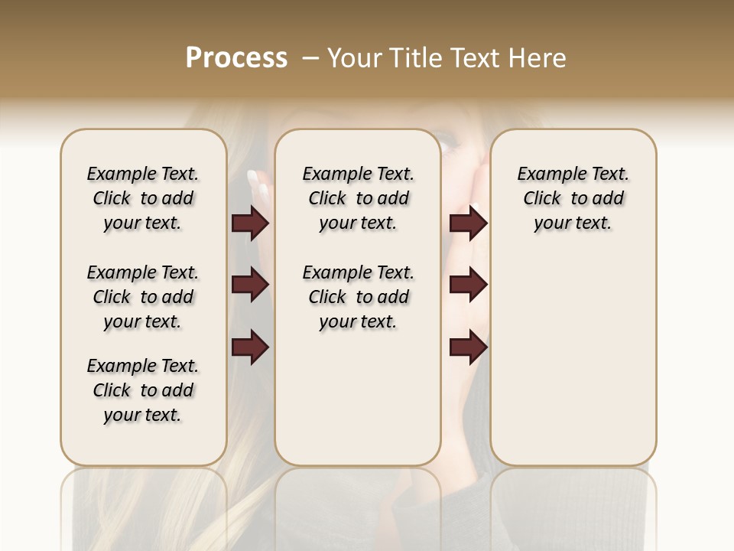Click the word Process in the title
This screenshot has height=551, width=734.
coord(236,58)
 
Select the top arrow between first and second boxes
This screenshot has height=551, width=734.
coord(250,223)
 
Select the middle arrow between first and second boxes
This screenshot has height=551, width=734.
coord(250,285)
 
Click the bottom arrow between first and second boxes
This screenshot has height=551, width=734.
coord(250,347)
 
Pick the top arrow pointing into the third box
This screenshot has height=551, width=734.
coord(468,223)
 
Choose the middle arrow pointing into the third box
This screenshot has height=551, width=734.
coord(468,285)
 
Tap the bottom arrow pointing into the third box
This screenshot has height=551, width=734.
coord(468,347)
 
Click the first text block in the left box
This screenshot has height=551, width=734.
coord(143,198)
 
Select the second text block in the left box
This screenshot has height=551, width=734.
coord(143,297)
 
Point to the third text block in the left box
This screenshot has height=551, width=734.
coord(143,390)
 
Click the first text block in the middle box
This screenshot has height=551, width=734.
coord(358,198)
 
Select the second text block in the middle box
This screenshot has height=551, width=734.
coord(358,297)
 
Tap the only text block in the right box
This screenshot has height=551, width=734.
coord(573,198)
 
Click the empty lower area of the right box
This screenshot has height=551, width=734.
coord(573,367)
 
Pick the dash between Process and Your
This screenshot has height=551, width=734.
coord(310,58)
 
